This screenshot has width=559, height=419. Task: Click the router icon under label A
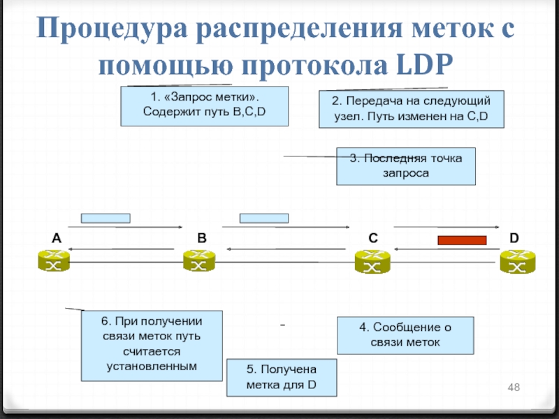53,263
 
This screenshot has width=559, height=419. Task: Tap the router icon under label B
198,263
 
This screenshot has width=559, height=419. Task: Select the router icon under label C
371,263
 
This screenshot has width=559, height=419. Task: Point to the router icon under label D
516,263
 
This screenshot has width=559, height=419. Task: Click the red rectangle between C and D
461,240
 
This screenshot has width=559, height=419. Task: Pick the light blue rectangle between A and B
106,218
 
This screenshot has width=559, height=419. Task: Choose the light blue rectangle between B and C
263,218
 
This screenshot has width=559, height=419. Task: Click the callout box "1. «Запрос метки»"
204,106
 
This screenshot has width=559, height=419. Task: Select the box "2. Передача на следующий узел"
411,109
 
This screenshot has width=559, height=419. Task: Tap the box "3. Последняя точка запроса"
405,166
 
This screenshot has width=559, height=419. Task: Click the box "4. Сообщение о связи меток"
405,335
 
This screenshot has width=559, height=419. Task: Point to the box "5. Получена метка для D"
281,378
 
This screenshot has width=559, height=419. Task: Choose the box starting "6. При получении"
151,346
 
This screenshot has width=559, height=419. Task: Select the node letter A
56,238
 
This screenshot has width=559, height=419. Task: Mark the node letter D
514,238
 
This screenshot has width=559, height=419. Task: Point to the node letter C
373,238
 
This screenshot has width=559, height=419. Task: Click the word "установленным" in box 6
151,366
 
